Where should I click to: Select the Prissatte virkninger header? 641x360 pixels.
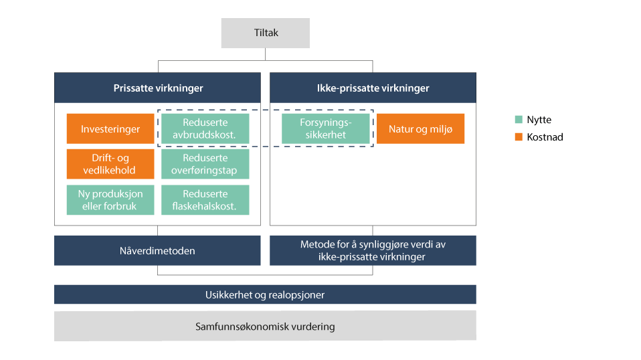coord(157,88)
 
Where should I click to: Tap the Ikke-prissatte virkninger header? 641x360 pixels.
coord(373,88)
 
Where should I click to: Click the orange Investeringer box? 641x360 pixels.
coord(110,129)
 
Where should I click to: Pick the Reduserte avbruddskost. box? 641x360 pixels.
coord(205,129)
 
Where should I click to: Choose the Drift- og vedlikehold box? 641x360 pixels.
coord(110,164)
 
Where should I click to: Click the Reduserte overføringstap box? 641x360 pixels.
coord(205,164)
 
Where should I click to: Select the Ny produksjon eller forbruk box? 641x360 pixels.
coord(110,200)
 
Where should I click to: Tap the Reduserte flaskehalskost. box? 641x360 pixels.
coord(205,200)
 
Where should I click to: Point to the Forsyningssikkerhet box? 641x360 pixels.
coord(325,129)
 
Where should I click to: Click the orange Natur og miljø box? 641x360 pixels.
coord(420,129)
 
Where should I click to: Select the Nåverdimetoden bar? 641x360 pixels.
coord(157,250)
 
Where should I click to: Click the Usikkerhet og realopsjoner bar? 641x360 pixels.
coord(265,294)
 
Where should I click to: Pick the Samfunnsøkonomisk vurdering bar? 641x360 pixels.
coord(265,327)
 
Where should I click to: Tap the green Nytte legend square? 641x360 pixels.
coord(519,120)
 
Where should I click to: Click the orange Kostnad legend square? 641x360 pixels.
coord(519,137)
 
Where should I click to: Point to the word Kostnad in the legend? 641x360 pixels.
coord(545,137)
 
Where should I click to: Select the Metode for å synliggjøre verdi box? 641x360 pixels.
coord(373,250)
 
